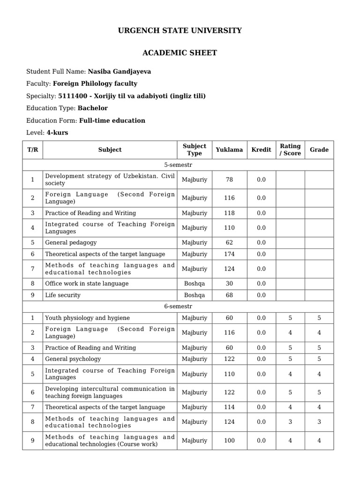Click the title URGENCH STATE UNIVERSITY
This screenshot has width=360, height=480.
(x=180, y=30)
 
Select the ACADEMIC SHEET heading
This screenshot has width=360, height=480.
(x=180, y=53)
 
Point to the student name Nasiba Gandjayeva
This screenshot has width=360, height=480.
(x=120, y=72)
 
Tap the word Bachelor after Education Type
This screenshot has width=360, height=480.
(x=93, y=108)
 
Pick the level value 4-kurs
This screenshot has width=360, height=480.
(x=57, y=133)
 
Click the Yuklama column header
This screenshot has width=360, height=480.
(x=229, y=150)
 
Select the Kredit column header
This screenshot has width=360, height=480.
(x=261, y=150)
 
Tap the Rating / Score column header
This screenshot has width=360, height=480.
(x=290, y=150)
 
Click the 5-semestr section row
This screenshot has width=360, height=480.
(x=178, y=165)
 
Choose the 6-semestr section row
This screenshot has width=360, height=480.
(x=178, y=307)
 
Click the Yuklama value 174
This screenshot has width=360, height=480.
(x=229, y=254)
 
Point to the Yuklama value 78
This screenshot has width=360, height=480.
(x=229, y=180)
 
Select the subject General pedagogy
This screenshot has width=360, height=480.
(x=71, y=243)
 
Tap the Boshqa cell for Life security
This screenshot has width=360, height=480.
(x=195, y=295)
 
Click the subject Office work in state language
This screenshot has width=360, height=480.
(x=87, y=284)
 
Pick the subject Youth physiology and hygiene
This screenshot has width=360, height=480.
(x=87, y=318)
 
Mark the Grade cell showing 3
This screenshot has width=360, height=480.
(x=319, y=422)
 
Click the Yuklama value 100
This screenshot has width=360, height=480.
(x=229, y=441)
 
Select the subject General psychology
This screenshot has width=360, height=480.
(x=73, y=359)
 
